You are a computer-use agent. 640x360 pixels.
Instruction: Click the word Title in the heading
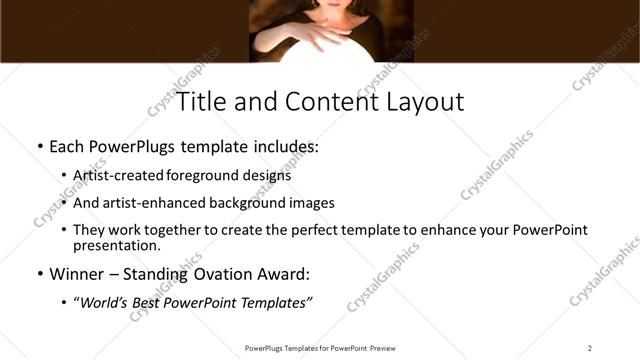[200, 102]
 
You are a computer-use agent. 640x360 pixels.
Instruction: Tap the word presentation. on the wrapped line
[117, 245]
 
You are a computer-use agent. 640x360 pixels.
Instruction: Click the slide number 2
[590, 348]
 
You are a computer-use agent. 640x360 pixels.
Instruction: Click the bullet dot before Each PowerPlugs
[38, 148]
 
